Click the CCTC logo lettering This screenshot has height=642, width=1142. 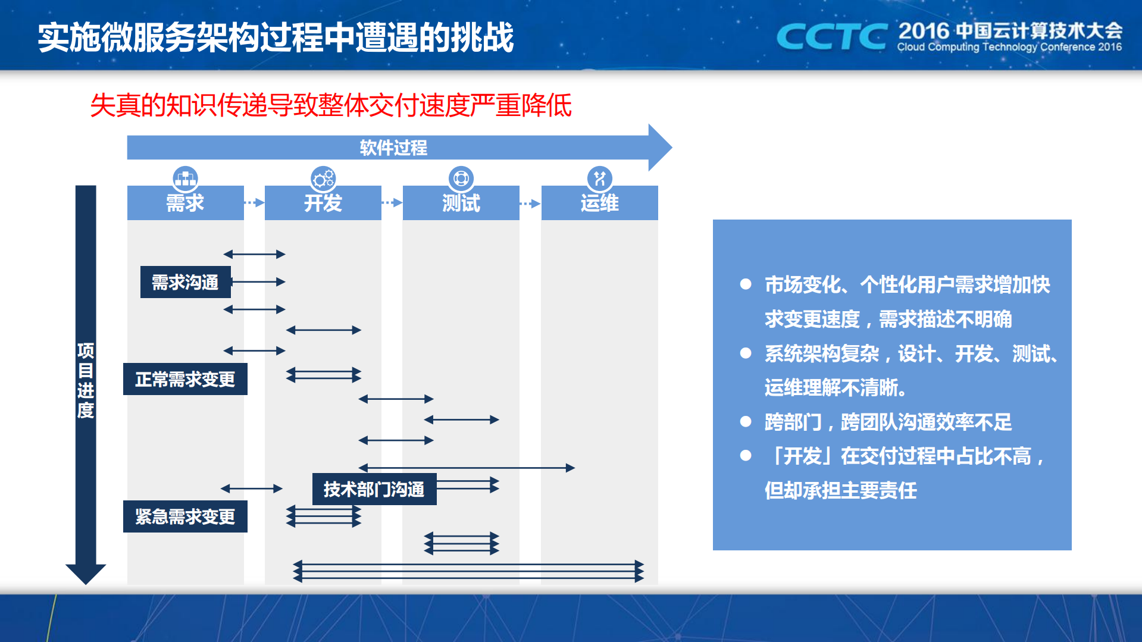pos(831,37)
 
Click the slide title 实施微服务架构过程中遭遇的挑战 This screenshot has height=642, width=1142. pos(276,37)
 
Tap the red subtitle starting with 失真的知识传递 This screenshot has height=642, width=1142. pos(331,106)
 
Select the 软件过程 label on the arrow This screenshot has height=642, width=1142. pos(393,148)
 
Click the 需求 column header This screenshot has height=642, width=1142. pos(185,203)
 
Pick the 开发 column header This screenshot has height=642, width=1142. pos(323,203)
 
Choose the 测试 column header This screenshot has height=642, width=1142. pos(461,203)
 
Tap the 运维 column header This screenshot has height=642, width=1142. pos(599,203)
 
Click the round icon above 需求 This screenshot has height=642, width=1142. pos(185,178)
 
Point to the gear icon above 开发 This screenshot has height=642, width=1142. pos(323,178)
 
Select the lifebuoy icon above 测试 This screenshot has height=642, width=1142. pos(461,178)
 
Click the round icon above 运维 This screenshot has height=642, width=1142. pos(599,178)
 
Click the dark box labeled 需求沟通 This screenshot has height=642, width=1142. pos(185,282)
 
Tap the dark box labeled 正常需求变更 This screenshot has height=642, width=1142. pos(185,379)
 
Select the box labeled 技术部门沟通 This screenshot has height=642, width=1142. pos(374,489)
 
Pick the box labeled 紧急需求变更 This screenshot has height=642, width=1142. pos(185,516)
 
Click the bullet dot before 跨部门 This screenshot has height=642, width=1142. pos(746,422)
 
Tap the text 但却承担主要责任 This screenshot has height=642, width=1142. pos(840,490)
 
